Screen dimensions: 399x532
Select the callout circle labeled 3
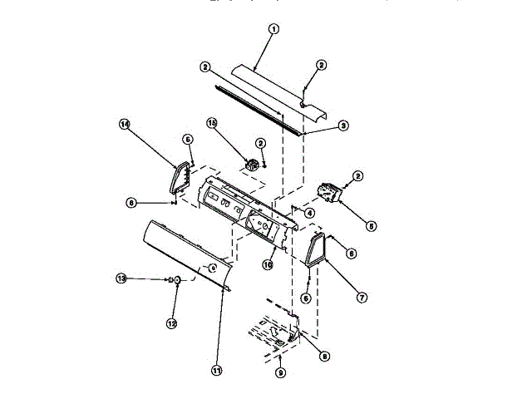tap(343, 126)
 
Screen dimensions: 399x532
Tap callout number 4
tap(309, 214)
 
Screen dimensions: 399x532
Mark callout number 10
tap(268, 265)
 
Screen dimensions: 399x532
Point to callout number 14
tap(125, 125)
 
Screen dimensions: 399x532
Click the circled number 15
tap(212, 125)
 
